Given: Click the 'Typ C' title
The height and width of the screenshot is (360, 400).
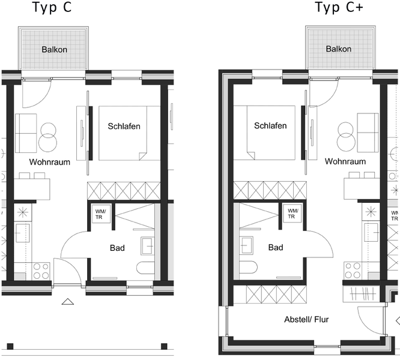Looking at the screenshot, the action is click(52, 8).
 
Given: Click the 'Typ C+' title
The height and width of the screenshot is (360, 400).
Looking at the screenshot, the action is click(339, 8).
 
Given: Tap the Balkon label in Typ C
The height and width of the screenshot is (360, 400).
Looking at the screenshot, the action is click(54, 49).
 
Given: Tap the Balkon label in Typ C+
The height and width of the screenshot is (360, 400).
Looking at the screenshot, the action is click(339, 49).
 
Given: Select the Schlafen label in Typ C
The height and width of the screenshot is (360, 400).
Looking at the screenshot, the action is click(124, 126).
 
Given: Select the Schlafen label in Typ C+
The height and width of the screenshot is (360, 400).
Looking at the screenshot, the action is click(270, 125).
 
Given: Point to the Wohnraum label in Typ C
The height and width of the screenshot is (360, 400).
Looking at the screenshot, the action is click(50, 162).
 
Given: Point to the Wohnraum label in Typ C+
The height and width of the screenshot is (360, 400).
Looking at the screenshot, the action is click(345, 161).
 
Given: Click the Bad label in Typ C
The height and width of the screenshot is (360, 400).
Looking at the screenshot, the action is click(117, 248).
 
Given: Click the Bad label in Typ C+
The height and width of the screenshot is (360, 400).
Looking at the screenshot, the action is click(276, 247).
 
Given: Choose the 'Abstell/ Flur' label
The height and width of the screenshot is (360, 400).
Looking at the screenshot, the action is click(306, 319).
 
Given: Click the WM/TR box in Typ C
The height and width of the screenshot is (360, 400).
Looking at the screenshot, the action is click(101, 214).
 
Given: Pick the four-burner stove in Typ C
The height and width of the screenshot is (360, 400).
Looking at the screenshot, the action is click(41, 271).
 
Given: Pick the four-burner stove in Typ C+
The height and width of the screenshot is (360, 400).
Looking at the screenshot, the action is click(353, 271).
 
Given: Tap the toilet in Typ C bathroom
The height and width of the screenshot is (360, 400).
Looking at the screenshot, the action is click(145, 268).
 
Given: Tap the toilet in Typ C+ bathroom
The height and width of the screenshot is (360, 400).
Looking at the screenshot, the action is click(248, 267).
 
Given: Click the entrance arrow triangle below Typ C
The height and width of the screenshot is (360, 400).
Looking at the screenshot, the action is click(68, 301).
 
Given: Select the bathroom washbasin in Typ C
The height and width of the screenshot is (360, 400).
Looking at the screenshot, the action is click(148, 246).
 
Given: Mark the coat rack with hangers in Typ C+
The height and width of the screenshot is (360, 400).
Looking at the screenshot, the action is click(362, 294).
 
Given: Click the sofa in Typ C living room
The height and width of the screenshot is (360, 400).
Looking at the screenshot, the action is click(26, 133).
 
